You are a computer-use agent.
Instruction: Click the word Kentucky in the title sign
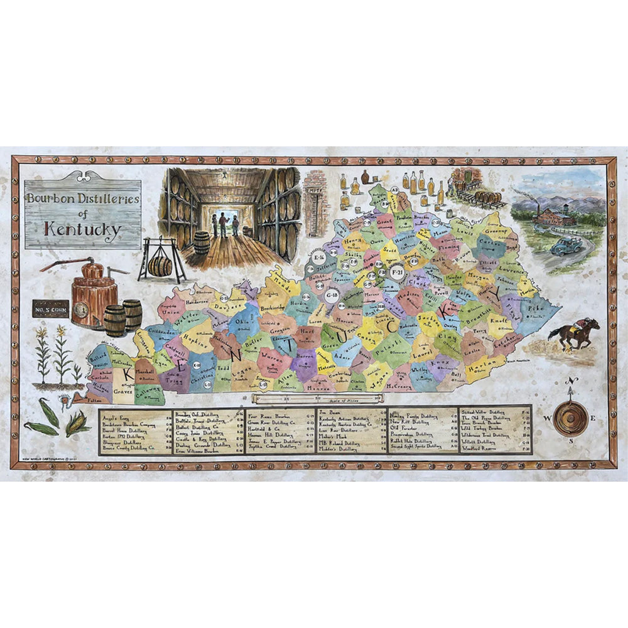(82, 230)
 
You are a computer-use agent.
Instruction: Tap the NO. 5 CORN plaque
(50, 309)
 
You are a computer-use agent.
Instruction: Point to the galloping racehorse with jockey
(573, 333)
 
